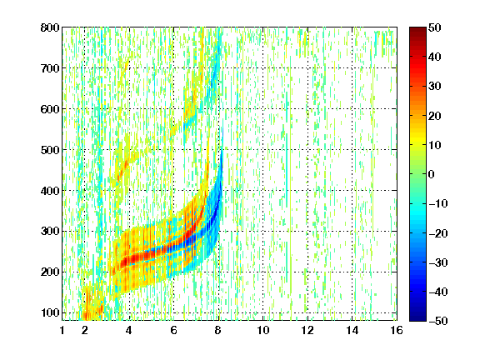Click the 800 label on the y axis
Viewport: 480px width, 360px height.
click(x=50, y=27)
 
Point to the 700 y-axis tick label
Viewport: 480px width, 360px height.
click(x=50, y=68)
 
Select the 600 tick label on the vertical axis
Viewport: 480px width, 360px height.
click(x=50, y=109)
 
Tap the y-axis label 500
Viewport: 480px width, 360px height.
click(x=50, y=150)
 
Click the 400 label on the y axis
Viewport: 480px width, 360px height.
click(x=50, y=191)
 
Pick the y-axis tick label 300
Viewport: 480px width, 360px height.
click(x=50, y=232)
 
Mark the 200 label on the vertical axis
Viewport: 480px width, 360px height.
click(x=50, y=272)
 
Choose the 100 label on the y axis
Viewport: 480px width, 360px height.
click(x=50, y=312)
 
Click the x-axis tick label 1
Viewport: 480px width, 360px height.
click(x=62, y=330)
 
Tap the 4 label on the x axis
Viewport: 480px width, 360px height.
click(x=129, y=330)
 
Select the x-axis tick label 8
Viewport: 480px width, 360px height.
click(x=218, y=330)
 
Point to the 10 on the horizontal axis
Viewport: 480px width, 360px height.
click(x=263, y=330)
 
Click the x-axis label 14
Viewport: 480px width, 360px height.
click(x=352, y=330)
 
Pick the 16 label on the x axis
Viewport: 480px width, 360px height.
click(x=397, y=330)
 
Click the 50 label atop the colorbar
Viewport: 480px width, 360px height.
click(x=435, y=27)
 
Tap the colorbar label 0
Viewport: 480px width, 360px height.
click(x=432, y=174)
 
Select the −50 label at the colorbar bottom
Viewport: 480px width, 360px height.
click(x=438, y=321)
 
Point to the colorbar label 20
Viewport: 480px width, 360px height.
click(x=435, y=116)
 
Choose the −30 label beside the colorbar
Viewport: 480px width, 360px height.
click(x=438, y=262)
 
